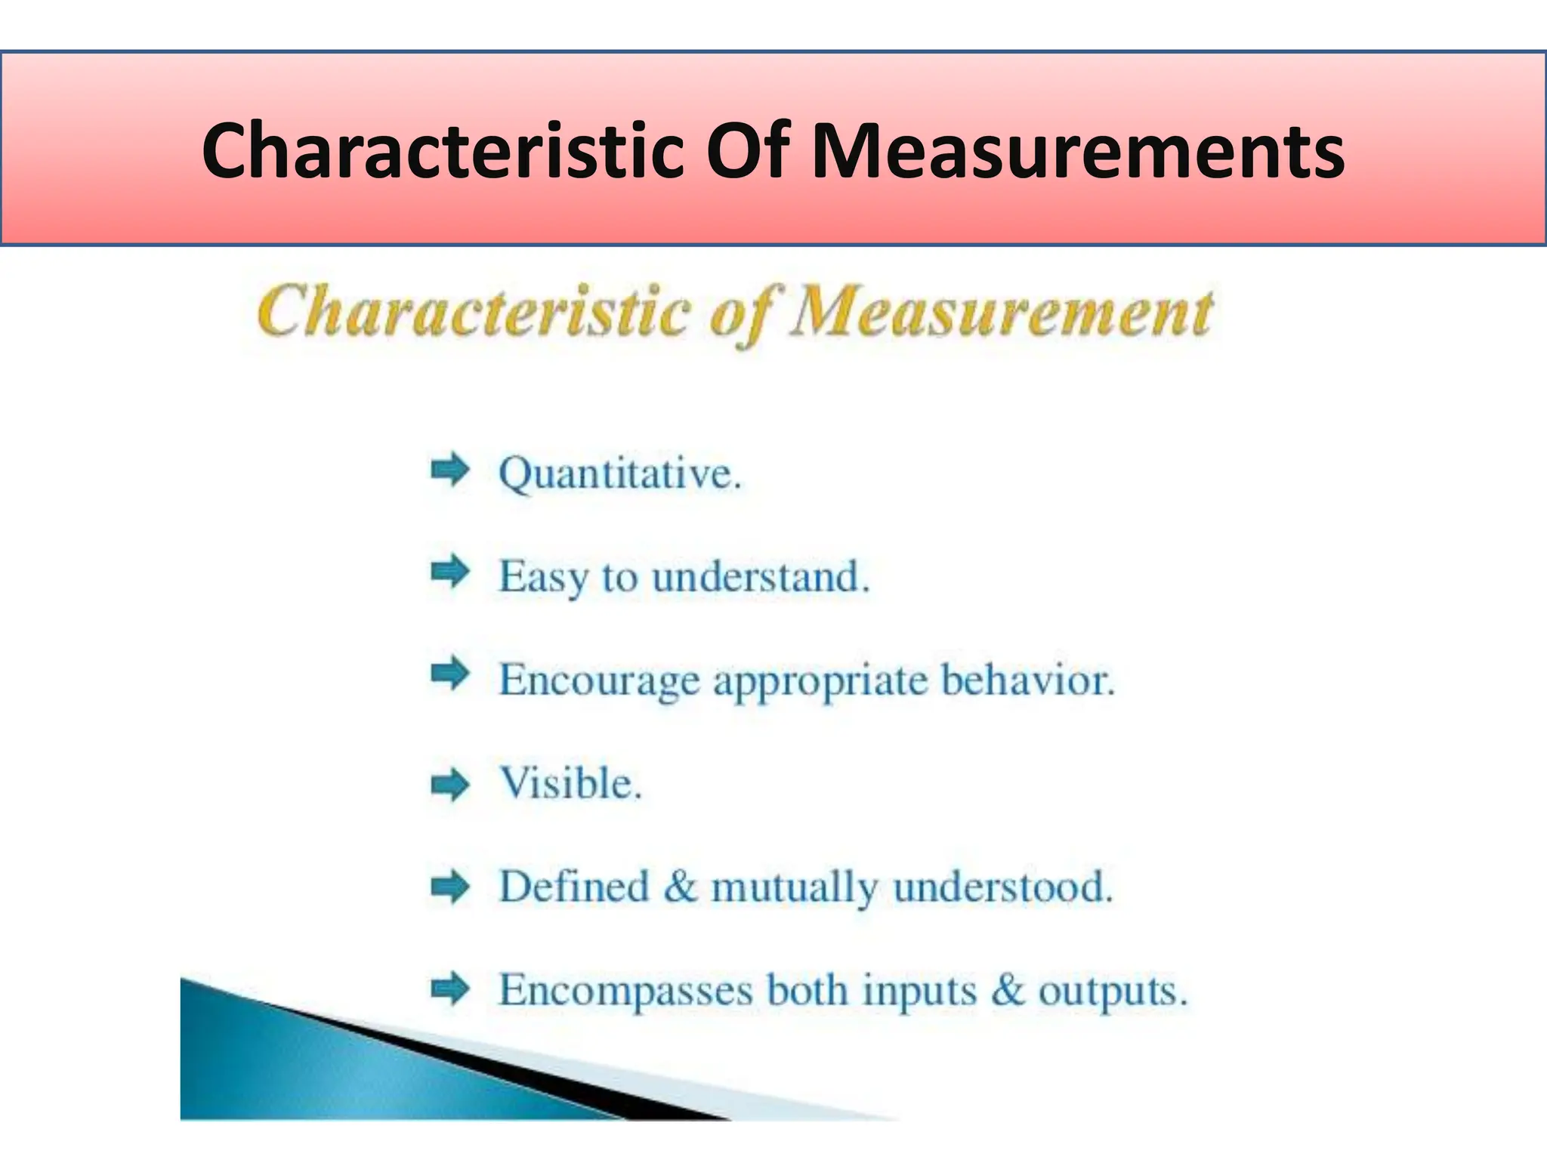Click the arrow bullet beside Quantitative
pyautogui.click(x=450, y=471)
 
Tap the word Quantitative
pyautogui.click(x=619, y=474)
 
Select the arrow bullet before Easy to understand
pyautogui.click(x=450, y=573)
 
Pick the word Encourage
pyautogui.click(x=600, y=681)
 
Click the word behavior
pyautogui.click(x=1027, y=680)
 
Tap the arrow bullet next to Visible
pyautogui.click(x=450, y=785)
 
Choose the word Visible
pyautogui.click(x=570, y=783)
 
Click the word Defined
pyautogui.click(x=574, y=887)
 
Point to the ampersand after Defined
pyautogui.click(x=681, y=887)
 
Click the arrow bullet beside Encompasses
pyautogui.click(x=450, y=989)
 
